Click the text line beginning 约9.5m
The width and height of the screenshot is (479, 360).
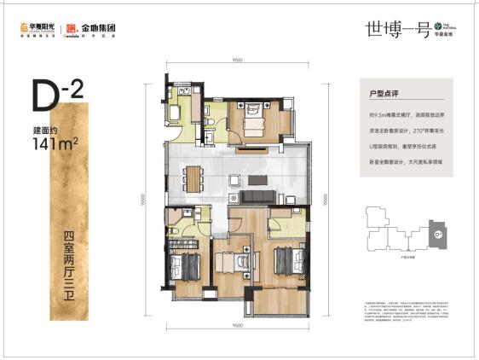coord(401,114)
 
